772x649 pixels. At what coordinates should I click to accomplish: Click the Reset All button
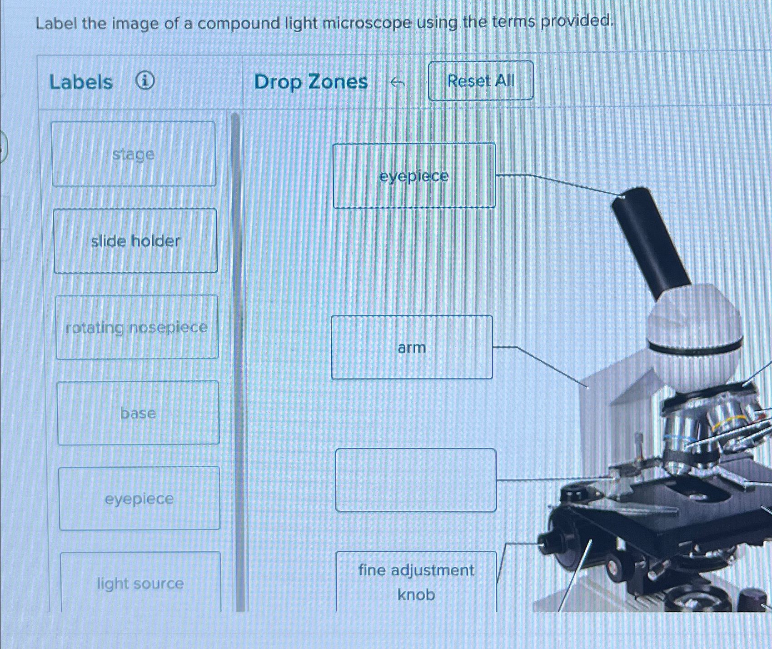(x=480, y=81)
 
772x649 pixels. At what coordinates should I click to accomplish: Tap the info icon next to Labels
(x=145, y=81)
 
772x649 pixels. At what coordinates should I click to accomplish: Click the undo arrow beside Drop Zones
(x=398, y=83)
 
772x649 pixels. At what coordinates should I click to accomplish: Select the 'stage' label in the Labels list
(x=134, y=154)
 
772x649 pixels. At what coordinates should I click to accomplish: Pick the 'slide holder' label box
(x=135, y=241)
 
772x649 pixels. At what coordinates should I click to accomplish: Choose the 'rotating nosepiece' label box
(x=137, y=327)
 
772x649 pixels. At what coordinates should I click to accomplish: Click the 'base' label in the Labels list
(x=138, y=413)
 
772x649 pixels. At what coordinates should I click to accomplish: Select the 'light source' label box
(x=140, y=583)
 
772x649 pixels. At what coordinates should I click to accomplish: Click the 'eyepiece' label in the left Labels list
(x=139, y=499)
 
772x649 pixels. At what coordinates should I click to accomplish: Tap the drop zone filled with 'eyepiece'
(x=414, y=176)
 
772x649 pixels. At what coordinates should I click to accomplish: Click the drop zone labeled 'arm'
(x=412, y=348)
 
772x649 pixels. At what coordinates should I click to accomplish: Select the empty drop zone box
(x=416, y=480)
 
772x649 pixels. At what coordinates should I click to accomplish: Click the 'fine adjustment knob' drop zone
(x=416, y=582)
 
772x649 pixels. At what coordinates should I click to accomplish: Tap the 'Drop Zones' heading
(x=311, y=82)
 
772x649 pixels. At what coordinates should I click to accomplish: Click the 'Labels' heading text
(x=81, y=82)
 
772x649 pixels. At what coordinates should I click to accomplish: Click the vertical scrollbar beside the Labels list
(x=235, y=359)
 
